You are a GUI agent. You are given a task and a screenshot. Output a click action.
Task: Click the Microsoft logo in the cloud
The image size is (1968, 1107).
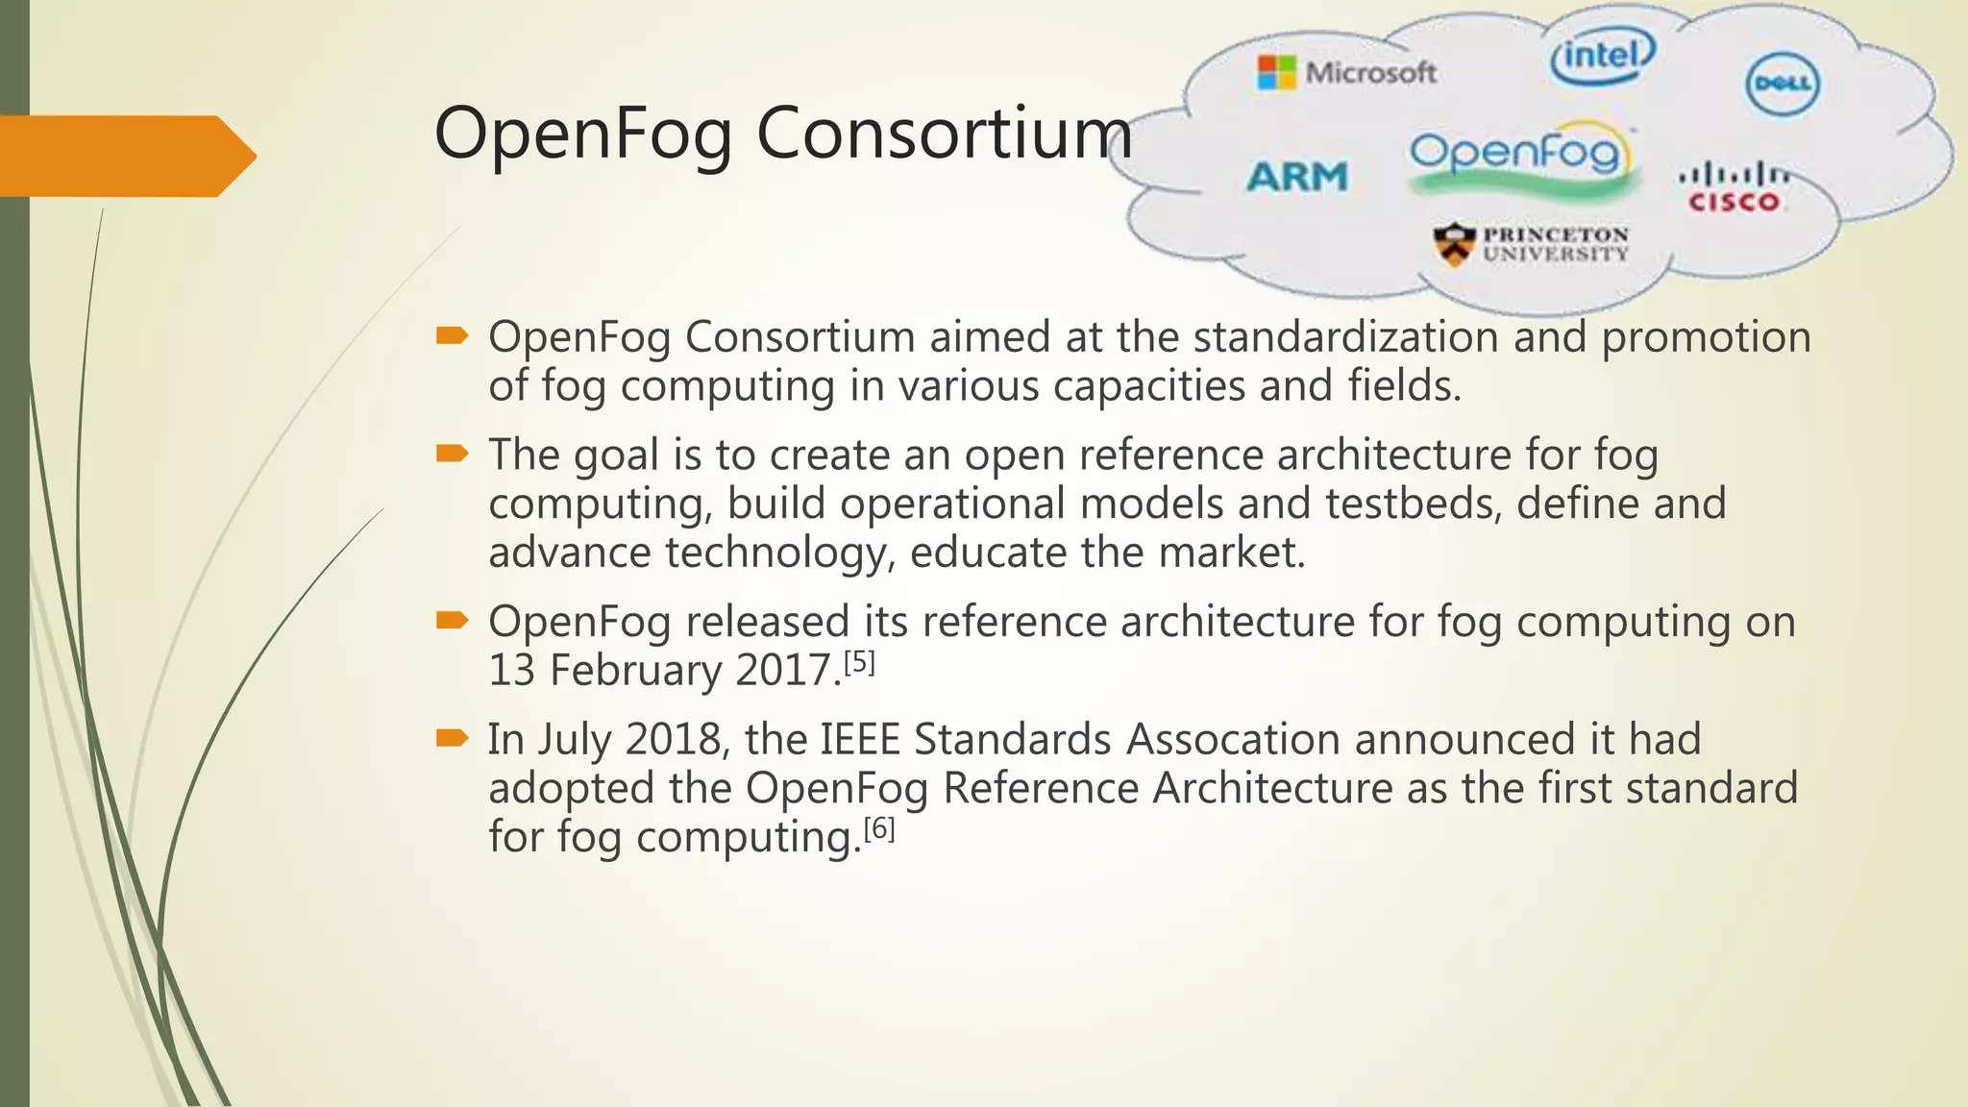point(1347,72)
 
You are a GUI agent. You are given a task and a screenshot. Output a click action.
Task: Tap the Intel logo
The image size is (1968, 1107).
point(1602,56)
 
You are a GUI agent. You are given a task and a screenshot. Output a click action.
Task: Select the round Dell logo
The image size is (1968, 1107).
point(1783,84)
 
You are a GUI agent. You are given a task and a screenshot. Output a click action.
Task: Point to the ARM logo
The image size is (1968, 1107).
point(1297,177)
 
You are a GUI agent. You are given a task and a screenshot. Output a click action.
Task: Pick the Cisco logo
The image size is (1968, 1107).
point(1734,188)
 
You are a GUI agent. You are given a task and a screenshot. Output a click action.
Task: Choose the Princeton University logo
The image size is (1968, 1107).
point(1531,244)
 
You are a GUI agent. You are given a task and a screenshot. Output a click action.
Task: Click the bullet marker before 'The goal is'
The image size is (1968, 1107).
point(452,454)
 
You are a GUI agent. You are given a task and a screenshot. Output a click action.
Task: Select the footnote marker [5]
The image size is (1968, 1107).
point(859,663)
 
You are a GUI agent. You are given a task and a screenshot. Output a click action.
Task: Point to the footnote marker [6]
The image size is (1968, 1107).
point(879,828)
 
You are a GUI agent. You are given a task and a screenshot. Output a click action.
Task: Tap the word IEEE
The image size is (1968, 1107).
point(859,740)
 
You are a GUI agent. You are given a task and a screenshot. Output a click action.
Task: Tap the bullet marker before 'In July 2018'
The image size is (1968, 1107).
point(452,738)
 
